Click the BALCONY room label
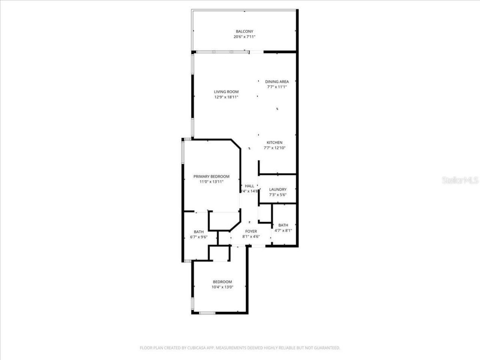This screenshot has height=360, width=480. pyautogui.click(x=244, y=31)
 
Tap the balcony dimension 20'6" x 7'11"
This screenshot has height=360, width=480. pyautogui.click(x=244, y=37)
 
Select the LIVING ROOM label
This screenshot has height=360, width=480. pyautogui.click(x=226, y=92)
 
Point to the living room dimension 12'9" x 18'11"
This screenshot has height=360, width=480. pyautogui.click(x=226, y=97)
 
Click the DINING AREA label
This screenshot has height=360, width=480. pyautogui.click(x=277, y=82)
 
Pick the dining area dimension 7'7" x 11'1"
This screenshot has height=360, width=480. pyautogui.click(x=277, y=87)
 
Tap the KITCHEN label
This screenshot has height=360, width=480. pyautogui.click(x=274, y=142)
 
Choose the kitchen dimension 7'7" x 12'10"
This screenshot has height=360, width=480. pyautogui.click(x=274, y=148)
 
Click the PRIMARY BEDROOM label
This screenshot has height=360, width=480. pyautogui.click(x=211, y=177)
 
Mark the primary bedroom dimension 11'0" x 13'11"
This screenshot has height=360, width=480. pyautogui.click(x=211, y=182)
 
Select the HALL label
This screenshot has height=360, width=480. pyautogui.click(x=249, y=186)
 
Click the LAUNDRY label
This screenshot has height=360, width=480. pyautogui.click(x=278, y=190)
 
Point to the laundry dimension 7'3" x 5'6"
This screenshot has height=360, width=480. pyautogui.click(x=278, y=195)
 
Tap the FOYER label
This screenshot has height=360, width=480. pyautogui.click(x=251, y=231)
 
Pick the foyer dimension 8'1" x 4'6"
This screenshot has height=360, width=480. pyautogui.click(x=251, y=237)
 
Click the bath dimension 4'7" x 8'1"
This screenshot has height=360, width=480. pyautogui.click(x=283, y=231)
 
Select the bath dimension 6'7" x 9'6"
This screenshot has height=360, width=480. pyautogui.click(x=199, y=237)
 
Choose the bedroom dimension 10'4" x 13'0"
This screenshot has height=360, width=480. pyautogui.click(x=222, y=287)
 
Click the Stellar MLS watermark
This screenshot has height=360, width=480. pyautogui.click(x=460, y=180)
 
